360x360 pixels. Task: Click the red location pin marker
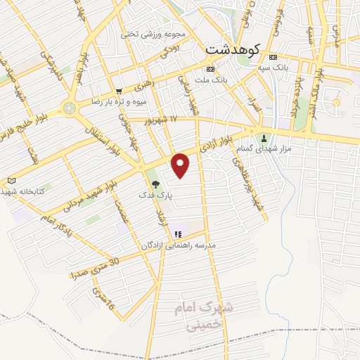[x=181, y=165]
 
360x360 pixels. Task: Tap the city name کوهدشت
[x=233, y=50]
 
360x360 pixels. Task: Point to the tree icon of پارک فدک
[x=155, y=185]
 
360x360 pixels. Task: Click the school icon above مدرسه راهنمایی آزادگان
[x=178, y=233]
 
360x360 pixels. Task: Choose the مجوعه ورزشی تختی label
[x=153, y=34]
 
